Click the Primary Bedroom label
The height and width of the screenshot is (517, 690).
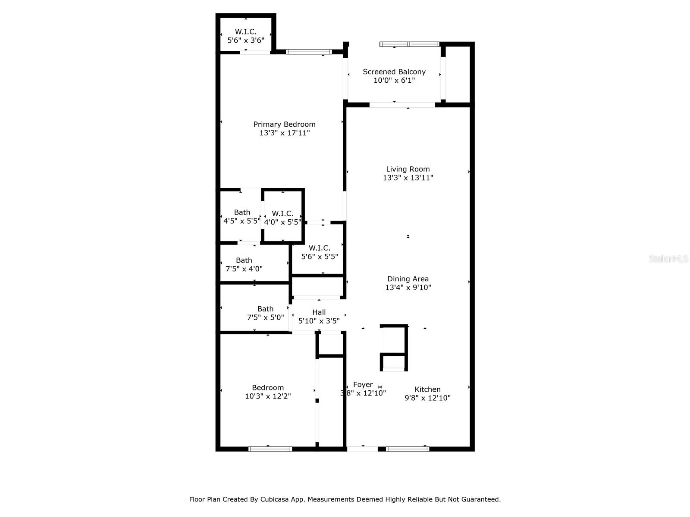pos(284,125)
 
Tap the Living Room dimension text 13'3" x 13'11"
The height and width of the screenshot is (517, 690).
pos(408,178)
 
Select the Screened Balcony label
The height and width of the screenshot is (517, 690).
pos(394,72)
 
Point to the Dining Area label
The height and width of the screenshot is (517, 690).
pos(408,279)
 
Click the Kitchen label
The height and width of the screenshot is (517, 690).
pos(427,389)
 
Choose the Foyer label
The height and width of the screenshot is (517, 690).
pos(363,385)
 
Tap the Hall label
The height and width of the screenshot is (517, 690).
pos(319,312)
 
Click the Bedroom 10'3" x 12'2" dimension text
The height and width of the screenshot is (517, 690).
pos(268,396)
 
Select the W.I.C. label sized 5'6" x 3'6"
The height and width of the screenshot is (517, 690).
pos(245,32)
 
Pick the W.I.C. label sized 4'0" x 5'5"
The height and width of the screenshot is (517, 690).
pos(282,213)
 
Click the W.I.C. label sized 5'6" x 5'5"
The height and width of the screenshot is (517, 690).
pos(320,248)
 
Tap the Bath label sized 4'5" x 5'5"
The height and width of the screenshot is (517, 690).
pos(242,212)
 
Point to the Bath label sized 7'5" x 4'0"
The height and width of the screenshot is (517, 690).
pos(244,260)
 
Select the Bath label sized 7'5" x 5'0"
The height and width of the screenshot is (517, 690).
pos(265,309)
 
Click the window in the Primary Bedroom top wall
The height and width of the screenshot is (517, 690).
pos(308,52)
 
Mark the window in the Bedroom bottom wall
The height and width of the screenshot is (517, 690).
pos(270,449)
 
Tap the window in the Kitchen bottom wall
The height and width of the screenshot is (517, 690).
pos(408,449)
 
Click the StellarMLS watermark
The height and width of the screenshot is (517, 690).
pos(668,258)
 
